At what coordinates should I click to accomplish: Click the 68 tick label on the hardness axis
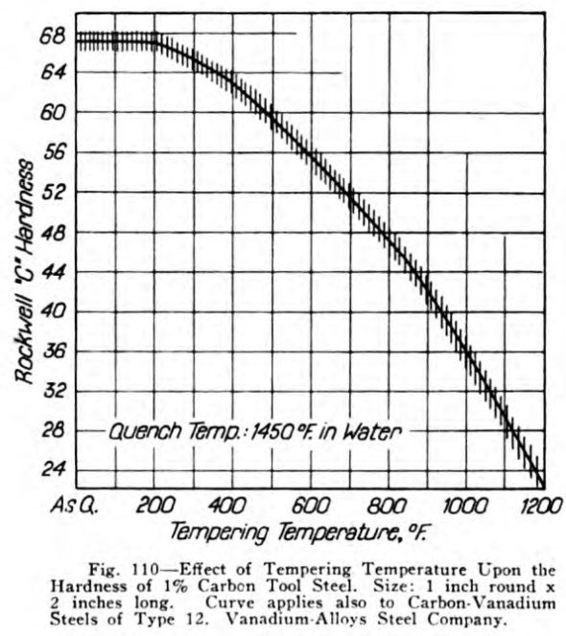[53, 37]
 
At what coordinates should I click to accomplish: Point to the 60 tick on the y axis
[53, 112]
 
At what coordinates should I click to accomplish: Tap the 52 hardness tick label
[53, 193]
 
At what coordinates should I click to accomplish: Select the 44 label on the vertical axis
[53, 272]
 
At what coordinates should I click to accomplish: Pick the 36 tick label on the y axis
[54, 352]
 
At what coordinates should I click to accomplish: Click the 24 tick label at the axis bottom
[54, 469]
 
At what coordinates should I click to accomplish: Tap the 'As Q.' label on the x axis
[75, 506]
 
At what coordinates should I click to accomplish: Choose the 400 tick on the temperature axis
[226, 506]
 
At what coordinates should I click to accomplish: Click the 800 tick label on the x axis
[387, 506]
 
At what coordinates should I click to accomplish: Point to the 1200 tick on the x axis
[542, 506]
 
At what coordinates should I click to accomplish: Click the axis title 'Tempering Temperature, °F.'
[298, 533]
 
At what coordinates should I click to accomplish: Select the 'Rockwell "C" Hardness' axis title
[24, 270]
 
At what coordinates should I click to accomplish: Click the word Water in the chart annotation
[372, 432]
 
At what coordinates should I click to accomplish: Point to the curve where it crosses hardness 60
[271, 112]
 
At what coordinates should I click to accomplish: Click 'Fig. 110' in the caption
[123, 570]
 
